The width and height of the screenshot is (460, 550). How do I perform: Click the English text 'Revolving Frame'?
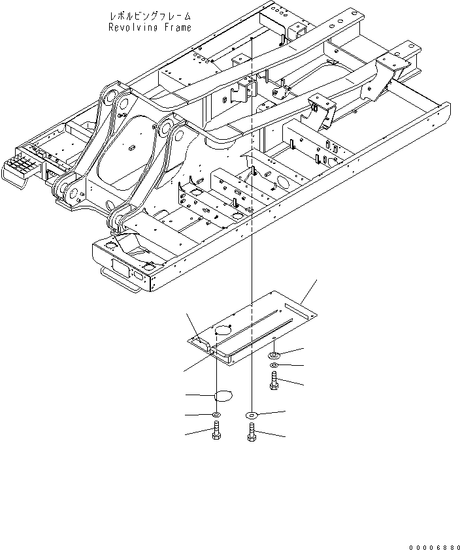(150, 27)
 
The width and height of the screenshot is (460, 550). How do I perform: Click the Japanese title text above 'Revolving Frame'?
(150, 14)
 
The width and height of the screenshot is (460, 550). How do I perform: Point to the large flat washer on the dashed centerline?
(252, 415)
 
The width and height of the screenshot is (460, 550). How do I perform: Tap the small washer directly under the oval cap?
(216, 415)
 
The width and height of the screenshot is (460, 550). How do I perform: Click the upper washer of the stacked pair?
(274, 354)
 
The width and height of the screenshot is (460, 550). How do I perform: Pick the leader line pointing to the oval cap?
(199, 395)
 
